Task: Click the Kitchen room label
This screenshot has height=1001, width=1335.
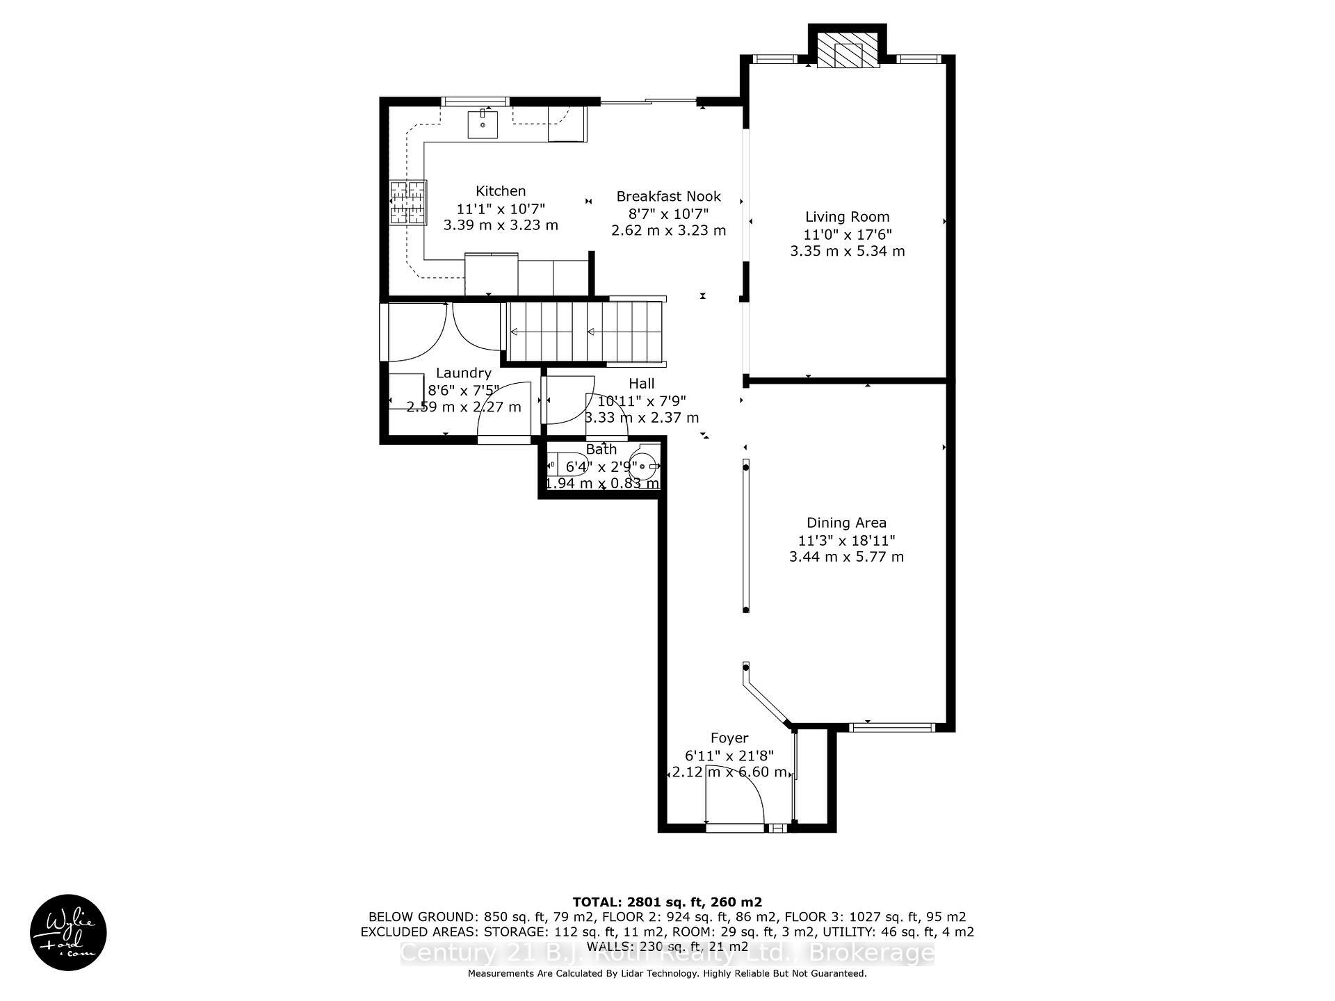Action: (x=500, y=190)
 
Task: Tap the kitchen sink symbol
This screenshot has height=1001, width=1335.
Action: (x=483, y=124)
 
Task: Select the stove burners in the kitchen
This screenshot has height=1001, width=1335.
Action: (x=407, y=202)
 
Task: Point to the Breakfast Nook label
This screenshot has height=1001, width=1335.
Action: (x=668, y=196)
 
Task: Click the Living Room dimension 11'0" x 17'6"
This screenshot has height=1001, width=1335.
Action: (x=847, y=234)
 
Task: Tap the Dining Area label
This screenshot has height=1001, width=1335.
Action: (x=846, y=523)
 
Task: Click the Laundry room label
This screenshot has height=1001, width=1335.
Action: (x=463, y=373)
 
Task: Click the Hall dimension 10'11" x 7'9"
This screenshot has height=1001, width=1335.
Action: (x=641, y=400)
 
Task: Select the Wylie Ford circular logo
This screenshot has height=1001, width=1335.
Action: (x=68, y=932)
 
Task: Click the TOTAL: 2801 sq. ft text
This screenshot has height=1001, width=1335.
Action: (x=666, y=902)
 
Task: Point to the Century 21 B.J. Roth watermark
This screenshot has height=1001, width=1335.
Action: (x=667, y=953)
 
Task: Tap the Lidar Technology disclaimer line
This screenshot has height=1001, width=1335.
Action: (x=667, y=974)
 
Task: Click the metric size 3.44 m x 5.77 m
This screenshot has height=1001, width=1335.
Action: (x=846, y=557)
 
